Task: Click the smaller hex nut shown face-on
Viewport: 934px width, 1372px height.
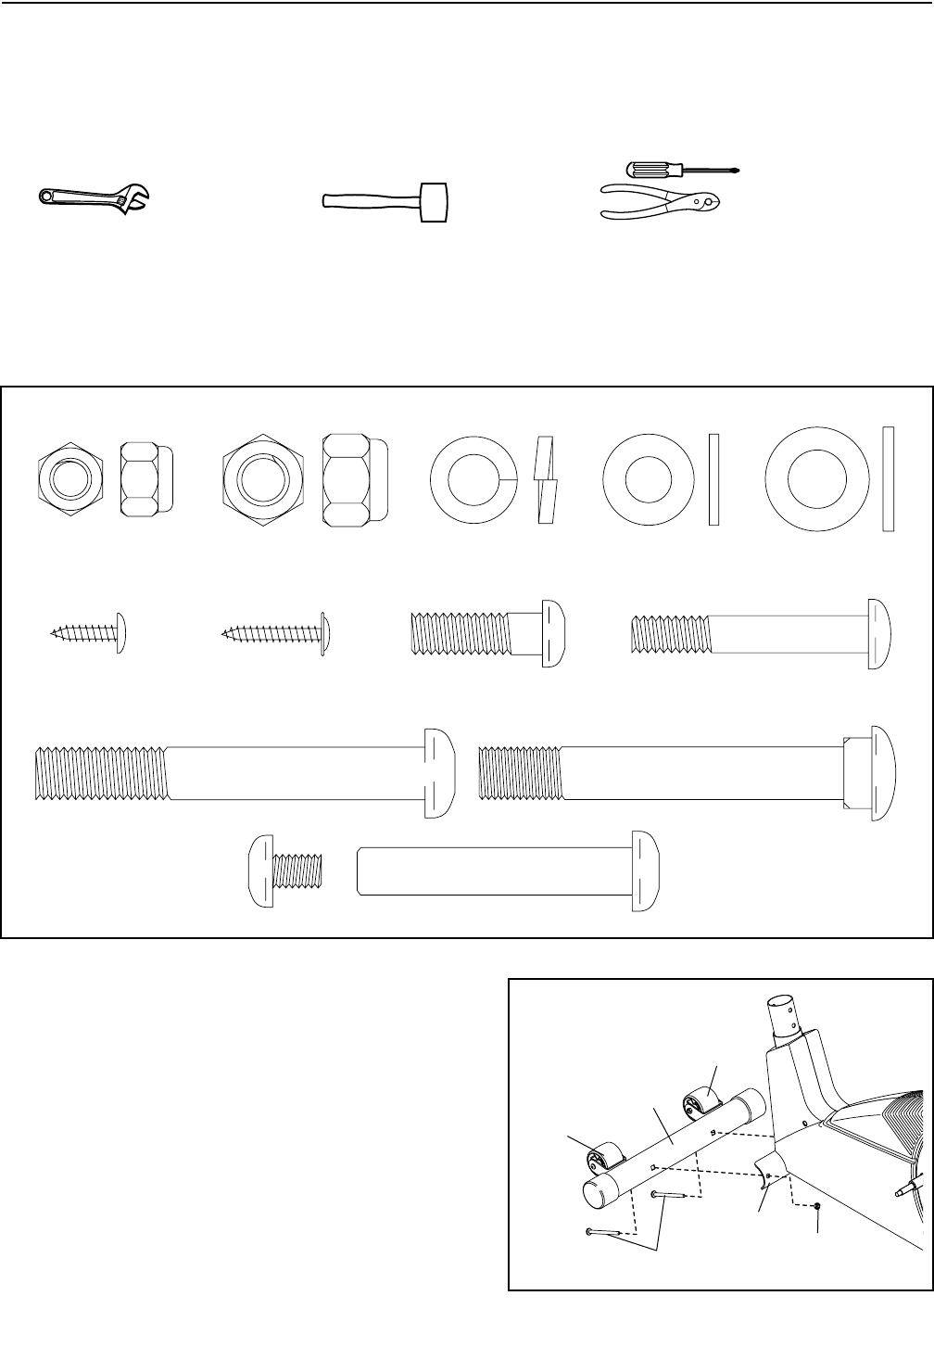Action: point(71,480)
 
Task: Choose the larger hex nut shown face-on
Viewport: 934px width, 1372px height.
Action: point(262,481)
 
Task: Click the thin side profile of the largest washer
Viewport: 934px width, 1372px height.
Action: point(887,479)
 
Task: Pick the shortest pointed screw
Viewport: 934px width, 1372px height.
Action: point(89,632)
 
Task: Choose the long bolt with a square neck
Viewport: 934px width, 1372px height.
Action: point(686,772)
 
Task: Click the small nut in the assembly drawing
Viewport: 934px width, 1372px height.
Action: point(818,1206)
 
